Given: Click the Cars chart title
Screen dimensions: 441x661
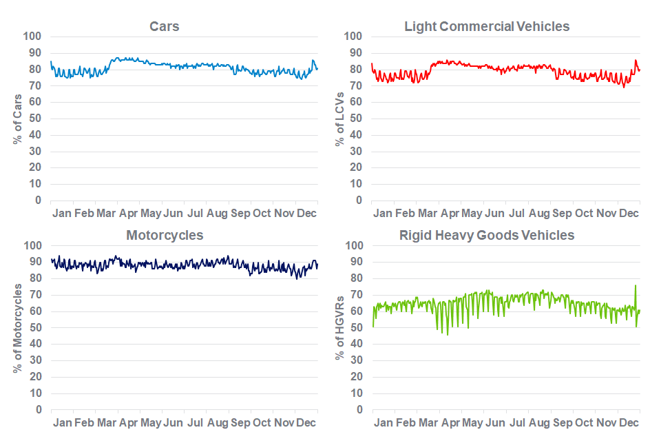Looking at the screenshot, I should tap(165, 26).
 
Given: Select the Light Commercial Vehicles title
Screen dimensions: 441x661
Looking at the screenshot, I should tap(487, 26).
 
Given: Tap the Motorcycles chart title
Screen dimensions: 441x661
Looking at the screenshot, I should tap(165, 235).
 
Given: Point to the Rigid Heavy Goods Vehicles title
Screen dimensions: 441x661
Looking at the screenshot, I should tap(487, 235).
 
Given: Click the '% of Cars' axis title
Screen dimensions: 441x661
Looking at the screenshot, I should tap(17, 119).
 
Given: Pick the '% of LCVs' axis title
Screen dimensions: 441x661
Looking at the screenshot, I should tap(339, 119).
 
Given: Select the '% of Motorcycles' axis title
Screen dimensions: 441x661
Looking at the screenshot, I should tap(17, 327).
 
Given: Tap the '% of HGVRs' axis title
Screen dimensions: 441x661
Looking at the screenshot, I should tap(339, 327).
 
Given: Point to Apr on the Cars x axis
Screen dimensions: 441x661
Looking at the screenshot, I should tap(129, 214).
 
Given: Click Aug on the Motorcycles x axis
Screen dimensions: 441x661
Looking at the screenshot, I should tap(218, 422).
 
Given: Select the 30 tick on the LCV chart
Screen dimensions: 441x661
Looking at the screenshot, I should tap(355, 152).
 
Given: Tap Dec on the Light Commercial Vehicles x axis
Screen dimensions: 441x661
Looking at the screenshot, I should tap(628, 214).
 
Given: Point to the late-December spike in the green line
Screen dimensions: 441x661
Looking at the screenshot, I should tap(635, 285).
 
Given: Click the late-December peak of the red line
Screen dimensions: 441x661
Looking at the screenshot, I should tap(636, 61).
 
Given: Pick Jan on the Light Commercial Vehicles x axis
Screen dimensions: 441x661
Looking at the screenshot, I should tap(383, 214).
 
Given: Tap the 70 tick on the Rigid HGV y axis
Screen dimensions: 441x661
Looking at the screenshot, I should tap(355, 295).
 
